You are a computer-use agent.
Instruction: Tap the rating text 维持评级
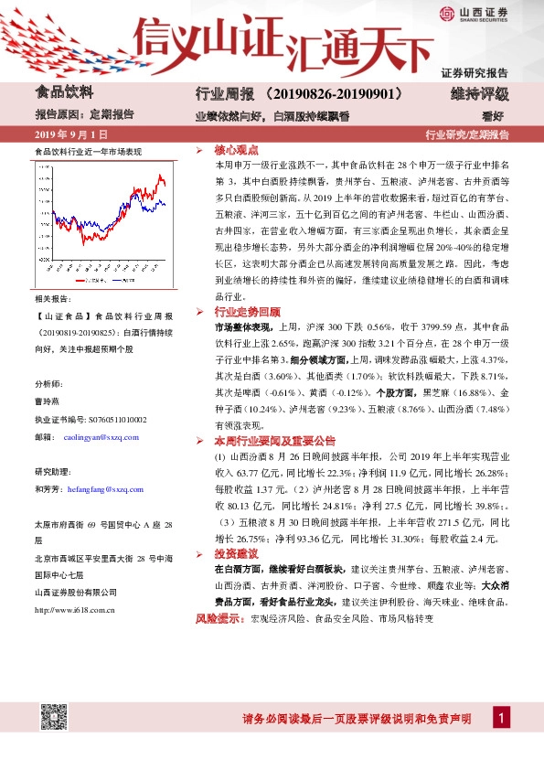(x=479, y=94)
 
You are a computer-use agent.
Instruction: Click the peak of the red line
(x=159, y=174)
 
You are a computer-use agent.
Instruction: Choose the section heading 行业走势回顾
(x=243, y=311)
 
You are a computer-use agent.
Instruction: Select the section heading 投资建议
(x=236, y=554)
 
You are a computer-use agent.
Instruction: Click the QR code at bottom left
(x=56, y=717)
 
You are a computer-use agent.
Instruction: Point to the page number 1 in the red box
(x=501, y=719)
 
